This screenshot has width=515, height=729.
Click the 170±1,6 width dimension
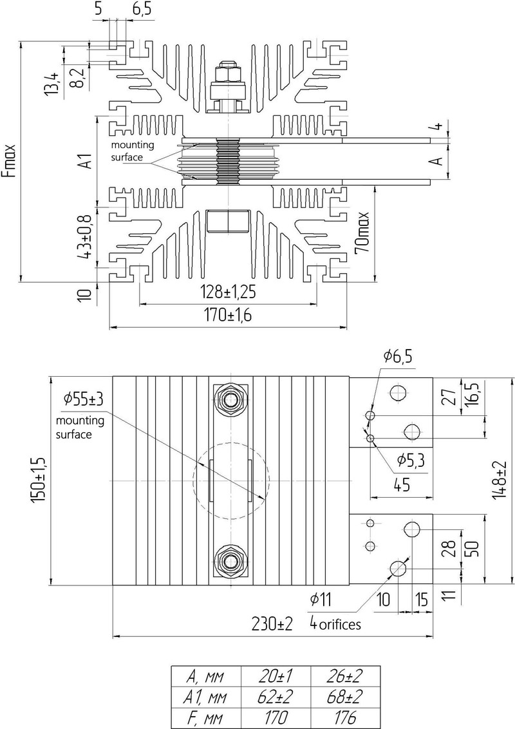click(229, 316)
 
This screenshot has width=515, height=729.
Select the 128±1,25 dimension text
click(229, 292)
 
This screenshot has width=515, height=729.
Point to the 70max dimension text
click(362, 232)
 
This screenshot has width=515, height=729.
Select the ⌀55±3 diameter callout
click(84, 399)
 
